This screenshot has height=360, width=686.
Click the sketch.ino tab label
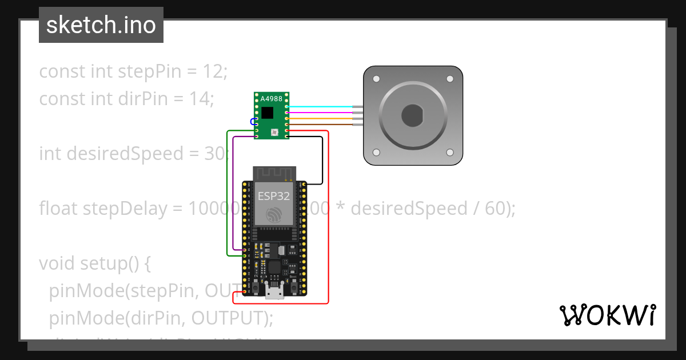pos(101,25)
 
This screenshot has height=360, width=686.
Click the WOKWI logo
pos(607,315)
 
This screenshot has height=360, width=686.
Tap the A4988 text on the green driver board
pos(271,99)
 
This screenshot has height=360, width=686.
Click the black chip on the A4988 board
pos(268,111)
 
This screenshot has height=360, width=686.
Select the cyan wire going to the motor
pos(320,107)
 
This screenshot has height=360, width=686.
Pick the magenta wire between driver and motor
pos(320,113)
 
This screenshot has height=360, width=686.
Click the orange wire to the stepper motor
pos(320,118)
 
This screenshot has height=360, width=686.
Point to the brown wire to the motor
pos(320,124)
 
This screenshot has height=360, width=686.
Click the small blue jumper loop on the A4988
pos(252,121)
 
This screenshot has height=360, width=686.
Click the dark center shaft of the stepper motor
pos(412,116)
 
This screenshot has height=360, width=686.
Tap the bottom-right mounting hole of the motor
pos(450,153)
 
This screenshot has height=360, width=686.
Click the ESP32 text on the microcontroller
pos(273,196)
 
